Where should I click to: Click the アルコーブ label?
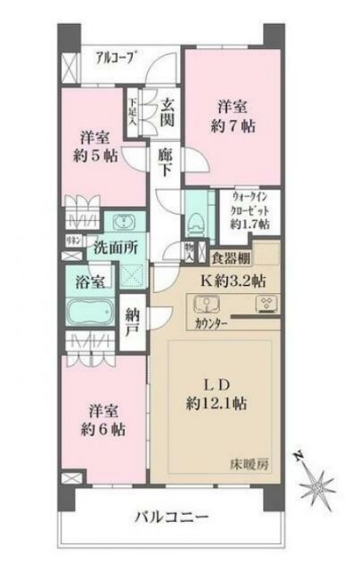(116, 60)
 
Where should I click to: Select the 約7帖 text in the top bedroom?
(235, 126)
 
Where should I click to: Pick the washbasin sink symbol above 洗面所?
(120, 223)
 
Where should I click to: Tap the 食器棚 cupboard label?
(229, 259)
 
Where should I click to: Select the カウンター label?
(211, 324)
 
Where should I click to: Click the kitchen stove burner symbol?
(266, 304)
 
